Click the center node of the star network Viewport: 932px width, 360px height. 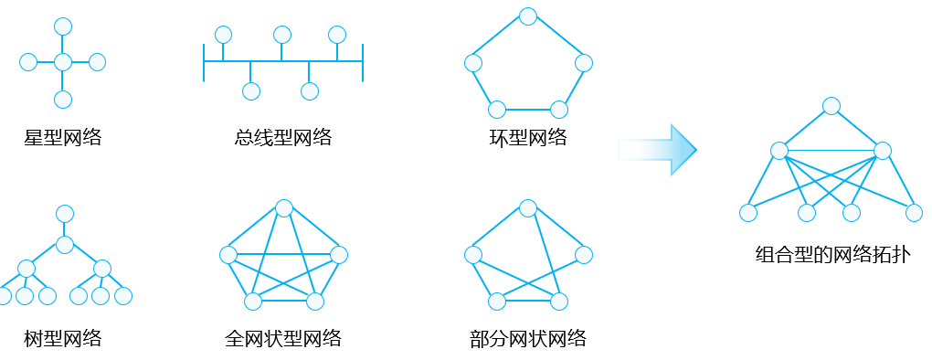pos(62,62)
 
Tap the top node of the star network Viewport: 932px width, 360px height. pos(62,26)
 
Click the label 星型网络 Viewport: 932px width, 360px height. pos(62,139)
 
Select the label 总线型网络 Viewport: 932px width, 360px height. pos(282,139)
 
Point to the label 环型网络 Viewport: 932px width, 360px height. pos(528,139)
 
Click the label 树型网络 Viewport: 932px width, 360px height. pos(62,339)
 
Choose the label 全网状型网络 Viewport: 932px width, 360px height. pos(282,339)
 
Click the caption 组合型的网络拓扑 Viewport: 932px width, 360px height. pos(831,255)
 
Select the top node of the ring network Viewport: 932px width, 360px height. pos(527,16)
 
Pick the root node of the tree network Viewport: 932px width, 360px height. pos(64,214)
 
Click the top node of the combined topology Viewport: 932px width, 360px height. pos(831,106)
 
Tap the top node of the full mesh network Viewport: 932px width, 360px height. pos(283,207)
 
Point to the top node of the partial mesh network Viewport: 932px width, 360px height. pos(527,207)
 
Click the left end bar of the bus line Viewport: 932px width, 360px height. pos(204,62)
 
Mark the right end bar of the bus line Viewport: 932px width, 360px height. pos(363,62)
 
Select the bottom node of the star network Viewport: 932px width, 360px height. pos(62,100)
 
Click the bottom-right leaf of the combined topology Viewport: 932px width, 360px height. pos(914,213)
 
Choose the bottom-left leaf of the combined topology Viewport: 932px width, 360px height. pos(748,213)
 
